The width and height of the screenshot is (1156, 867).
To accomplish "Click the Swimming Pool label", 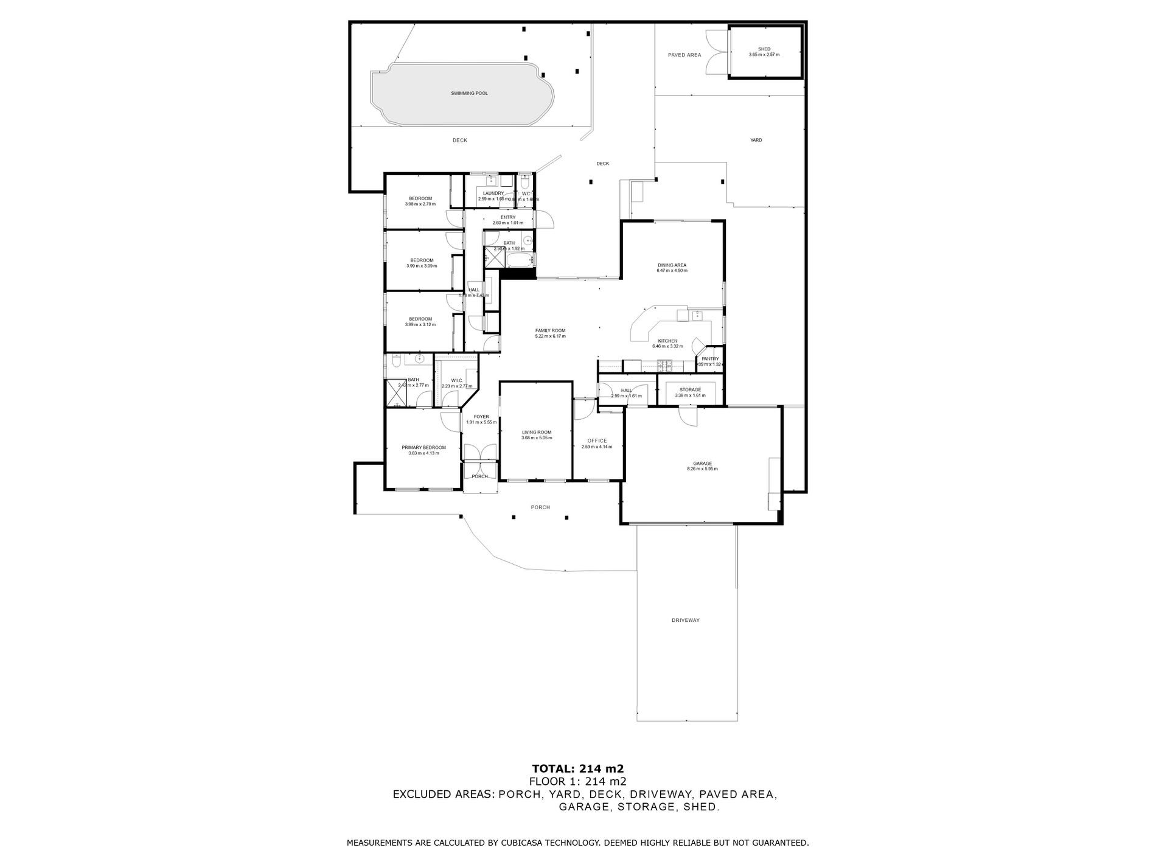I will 469,93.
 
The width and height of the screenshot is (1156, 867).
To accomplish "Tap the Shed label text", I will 764,49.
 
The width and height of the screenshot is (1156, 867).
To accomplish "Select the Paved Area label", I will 684,55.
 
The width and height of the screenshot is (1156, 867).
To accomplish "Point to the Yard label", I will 756,140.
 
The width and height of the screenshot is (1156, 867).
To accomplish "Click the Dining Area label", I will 672,265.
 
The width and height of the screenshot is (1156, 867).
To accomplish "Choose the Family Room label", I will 550,330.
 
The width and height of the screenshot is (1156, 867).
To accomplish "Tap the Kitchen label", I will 667,341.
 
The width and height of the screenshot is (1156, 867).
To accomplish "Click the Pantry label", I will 710,359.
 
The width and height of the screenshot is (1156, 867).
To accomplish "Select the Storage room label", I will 690,390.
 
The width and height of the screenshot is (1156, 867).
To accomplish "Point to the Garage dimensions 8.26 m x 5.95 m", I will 702,469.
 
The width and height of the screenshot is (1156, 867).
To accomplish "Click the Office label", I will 597,441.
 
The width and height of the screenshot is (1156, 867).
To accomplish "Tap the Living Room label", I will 536,433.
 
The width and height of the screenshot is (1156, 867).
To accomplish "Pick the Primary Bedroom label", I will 423,448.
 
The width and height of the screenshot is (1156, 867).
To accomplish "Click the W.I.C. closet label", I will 457,381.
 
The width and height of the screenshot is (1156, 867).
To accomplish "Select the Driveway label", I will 686,620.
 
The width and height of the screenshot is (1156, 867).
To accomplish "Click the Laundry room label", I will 493,193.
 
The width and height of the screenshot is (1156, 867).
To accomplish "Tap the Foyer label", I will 481,417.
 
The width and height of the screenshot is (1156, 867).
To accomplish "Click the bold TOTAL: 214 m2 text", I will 577,768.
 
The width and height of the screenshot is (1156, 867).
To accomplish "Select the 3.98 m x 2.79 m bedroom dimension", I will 420,204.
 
